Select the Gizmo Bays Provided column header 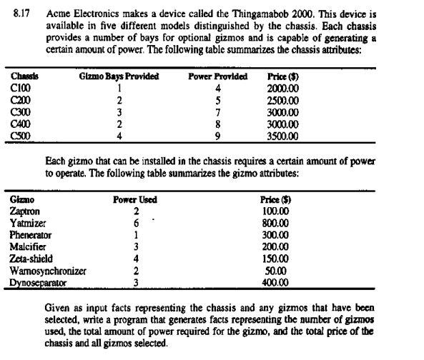point(119,76)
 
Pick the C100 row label point(21,87)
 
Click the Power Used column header point(135,201)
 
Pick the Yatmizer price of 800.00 point(275,224)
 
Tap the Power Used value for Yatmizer point(135,224)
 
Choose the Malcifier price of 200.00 point(275,246)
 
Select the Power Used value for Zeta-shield point(135,258)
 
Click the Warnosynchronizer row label point(48,271)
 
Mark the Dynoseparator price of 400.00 point(275,282)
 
